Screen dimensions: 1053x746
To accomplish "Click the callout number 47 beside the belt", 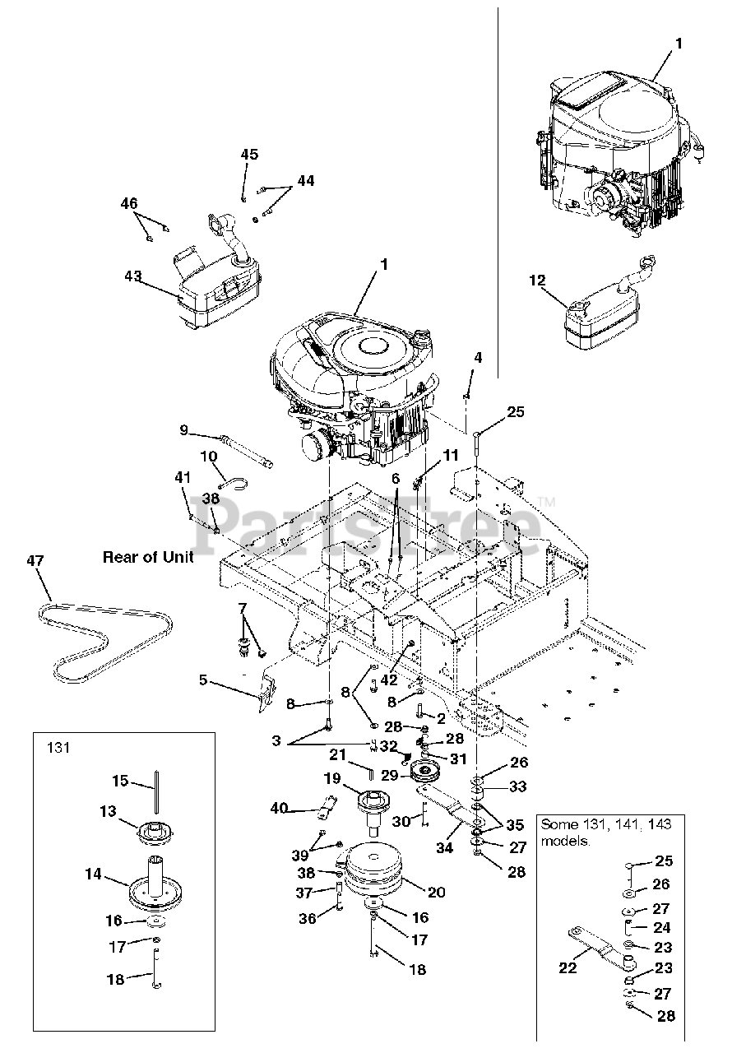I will click(x=35, y=560).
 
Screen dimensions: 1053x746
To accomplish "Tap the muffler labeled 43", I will click(x=218, y=292).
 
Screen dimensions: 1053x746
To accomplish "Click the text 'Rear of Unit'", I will click(x=148, y=557).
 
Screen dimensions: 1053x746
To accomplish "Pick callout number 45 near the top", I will click(x=249, y=155).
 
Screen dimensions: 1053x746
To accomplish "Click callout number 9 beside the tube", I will click(x=184, y=429).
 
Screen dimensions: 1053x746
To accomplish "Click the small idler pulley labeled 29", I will click(x=425, y=773).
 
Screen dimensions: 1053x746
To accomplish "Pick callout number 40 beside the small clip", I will click(x=279, y=809).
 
